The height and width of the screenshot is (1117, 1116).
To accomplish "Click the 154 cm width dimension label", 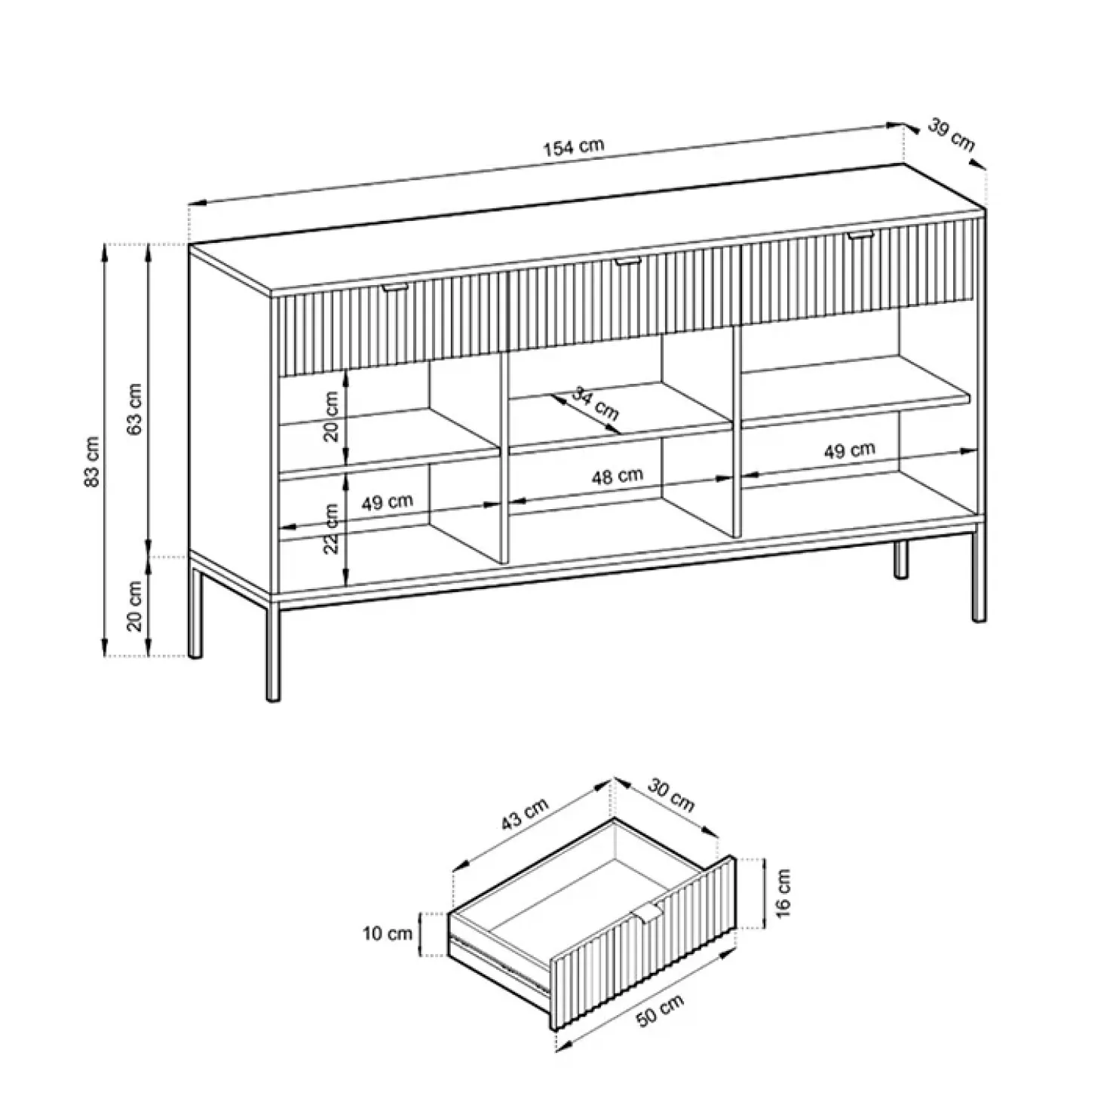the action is (574, 146).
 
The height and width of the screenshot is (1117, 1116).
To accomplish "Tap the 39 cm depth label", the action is (951, 135).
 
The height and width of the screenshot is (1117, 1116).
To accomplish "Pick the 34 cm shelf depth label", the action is (596, 404).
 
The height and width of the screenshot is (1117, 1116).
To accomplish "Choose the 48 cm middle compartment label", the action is (617, 476).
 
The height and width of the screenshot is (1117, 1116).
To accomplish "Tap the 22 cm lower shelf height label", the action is (330, 529).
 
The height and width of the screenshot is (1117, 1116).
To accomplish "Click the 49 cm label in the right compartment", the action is (849, 451).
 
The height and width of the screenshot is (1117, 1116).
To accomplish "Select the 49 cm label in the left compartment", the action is (387, 502).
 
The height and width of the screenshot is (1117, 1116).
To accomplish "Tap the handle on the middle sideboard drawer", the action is (627, 262).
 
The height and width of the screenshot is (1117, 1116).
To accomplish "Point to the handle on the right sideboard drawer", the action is (859, 237).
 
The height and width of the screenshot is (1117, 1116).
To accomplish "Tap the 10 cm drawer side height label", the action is (388, 934).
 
